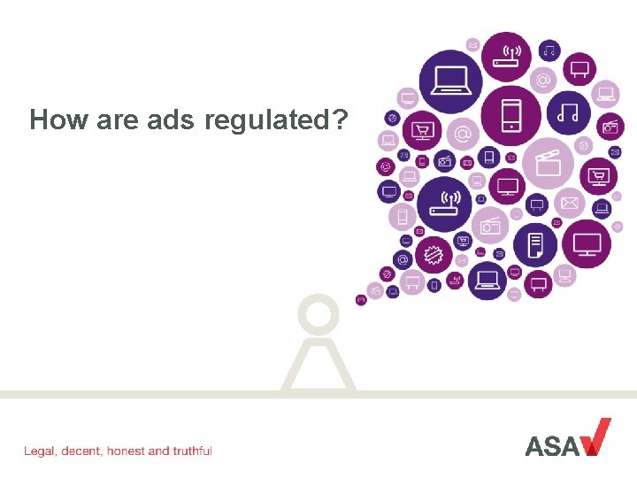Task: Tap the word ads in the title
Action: click(x=170, y=119)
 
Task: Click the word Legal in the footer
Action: click(x=41, y=451)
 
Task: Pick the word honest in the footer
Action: click(x=126, y=451)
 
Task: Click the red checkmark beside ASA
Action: click(x=595, y=436)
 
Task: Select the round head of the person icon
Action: click(x=319, y=314)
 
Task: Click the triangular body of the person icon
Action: click(x=319, y=365)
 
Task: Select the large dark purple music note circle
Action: click(x=568, y=112)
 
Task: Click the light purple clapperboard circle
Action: click(x=549, y=164)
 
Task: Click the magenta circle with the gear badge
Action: click(x=433, y=254)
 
